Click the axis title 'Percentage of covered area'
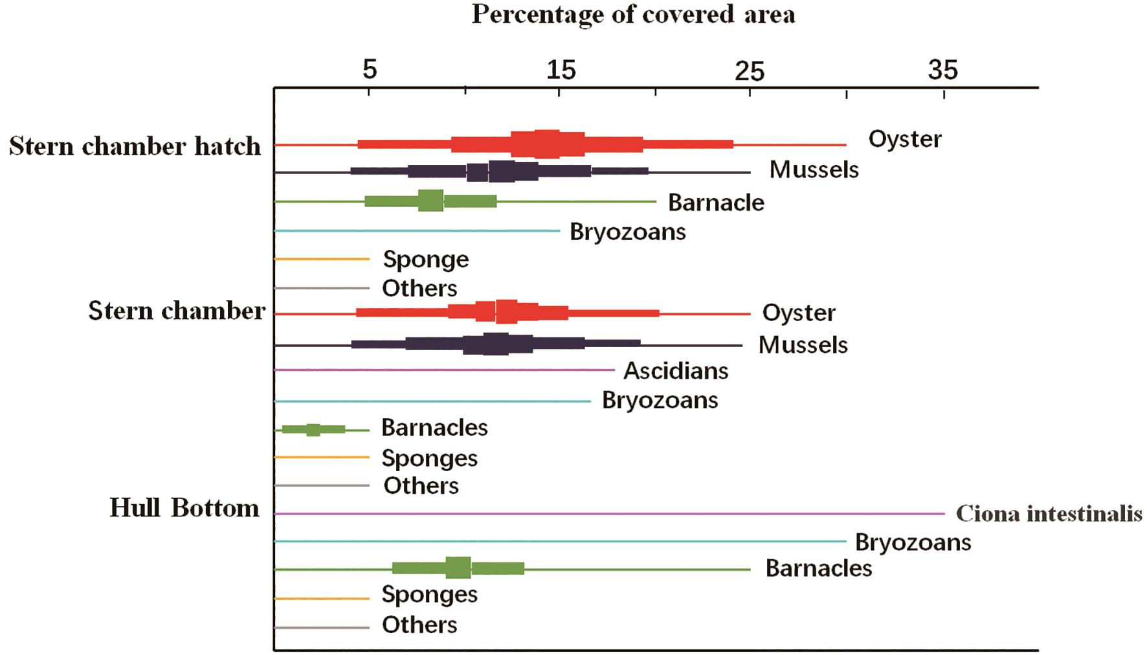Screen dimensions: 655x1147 633,14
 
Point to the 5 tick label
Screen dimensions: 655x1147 370,69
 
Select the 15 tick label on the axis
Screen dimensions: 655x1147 561,69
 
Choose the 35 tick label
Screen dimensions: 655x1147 942,70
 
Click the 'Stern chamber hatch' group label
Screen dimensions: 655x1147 135,146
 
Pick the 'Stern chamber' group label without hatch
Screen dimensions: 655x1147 177,311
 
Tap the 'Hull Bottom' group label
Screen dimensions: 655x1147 184,508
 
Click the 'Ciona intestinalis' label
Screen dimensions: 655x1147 1049,514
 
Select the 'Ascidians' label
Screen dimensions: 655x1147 676,371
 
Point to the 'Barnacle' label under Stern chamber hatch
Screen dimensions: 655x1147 716,203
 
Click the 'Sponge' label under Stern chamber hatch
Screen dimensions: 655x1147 426,260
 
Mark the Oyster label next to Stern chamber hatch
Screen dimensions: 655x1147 905,139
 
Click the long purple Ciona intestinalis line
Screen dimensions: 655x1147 608,513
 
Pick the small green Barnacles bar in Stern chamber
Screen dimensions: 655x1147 313,429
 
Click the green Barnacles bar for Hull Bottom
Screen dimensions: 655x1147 458,568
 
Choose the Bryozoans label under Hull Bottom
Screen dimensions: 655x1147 913,542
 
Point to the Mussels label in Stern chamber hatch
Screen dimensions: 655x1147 814,170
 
